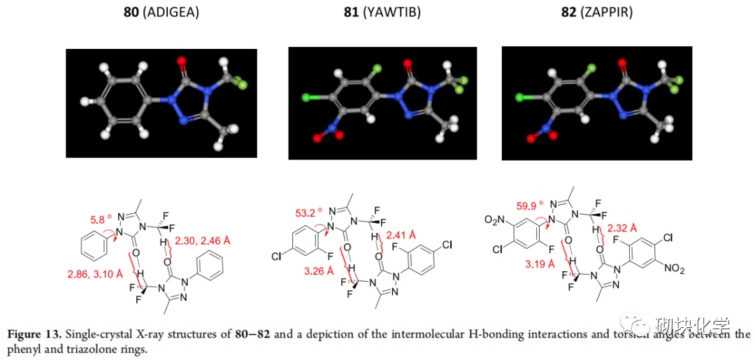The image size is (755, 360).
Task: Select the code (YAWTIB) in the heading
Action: pyautogui.click(x=392, y=11)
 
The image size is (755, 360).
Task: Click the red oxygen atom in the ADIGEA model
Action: pyautogui.click(x=183, y=63)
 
